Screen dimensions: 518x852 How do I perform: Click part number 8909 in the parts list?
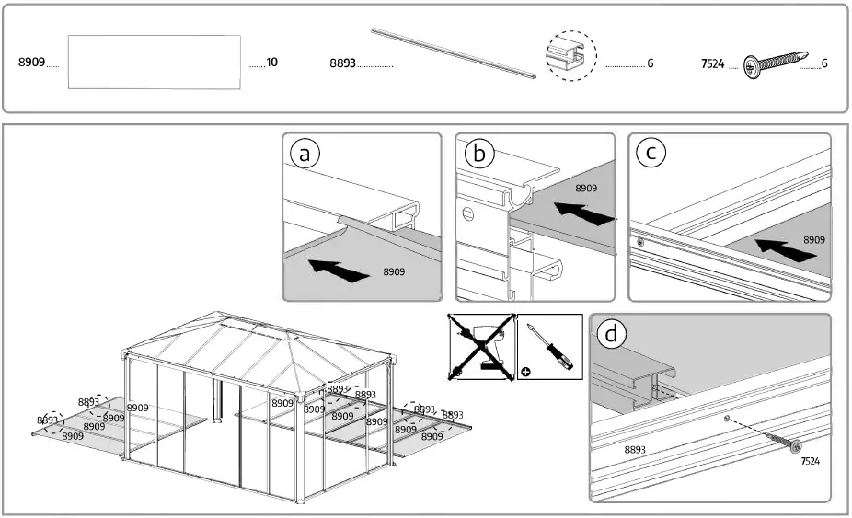[x=32, y=63]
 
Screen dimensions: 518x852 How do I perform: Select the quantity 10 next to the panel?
[x=271, y=63]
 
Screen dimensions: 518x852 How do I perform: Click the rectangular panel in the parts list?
[x=155, y=63]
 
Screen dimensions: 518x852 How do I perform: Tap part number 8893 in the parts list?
[x=342, y=63]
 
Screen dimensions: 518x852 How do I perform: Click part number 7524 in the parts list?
[x=712, y=63]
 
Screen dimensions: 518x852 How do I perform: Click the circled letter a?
[x=305, y=154]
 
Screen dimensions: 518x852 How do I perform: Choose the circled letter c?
[x=651, y=154]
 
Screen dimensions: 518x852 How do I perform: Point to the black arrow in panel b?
[x=585, y=213]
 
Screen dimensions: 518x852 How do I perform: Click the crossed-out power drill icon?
[x=481, y=347]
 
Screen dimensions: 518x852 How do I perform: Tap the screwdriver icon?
[x=549, y=347]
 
